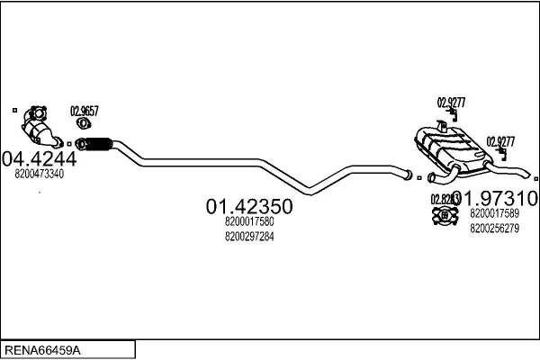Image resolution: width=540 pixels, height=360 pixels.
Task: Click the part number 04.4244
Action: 40,158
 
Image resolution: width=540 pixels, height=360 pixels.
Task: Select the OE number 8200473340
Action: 40,174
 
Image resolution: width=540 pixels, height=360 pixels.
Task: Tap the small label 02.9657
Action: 85,112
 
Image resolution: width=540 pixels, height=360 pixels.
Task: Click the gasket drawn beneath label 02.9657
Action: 84,124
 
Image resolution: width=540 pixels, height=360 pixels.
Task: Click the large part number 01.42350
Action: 249,207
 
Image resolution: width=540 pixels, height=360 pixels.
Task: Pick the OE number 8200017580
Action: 249,221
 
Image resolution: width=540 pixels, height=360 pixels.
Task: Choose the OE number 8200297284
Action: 249,236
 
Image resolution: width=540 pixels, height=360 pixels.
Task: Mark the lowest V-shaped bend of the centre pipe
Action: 310,189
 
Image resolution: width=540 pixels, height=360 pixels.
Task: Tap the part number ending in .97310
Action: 500,198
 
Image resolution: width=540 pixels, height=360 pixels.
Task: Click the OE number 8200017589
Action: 494,214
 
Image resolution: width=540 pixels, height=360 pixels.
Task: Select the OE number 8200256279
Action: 494,228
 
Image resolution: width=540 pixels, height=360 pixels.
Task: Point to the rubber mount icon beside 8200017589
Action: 444,216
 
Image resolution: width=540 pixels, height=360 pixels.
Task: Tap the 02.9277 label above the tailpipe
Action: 500,140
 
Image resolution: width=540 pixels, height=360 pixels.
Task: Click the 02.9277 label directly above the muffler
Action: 451,102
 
